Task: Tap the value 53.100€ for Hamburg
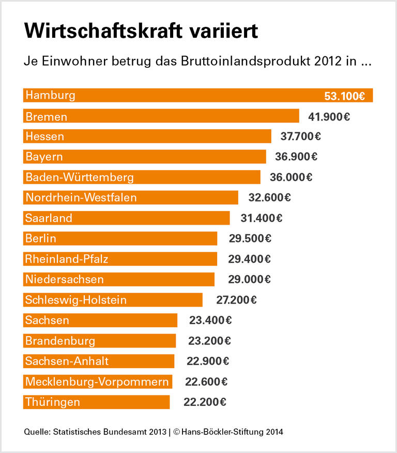tap(344, 96)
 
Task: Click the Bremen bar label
tap(47, 116)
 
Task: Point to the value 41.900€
tap(329, 116)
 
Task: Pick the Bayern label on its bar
tap(44, 157)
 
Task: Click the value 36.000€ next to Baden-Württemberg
tap(291, 177)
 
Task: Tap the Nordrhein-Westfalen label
tap(81, 198)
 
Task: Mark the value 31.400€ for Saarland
tap(261, 218)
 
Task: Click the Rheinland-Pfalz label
tap(67, 259)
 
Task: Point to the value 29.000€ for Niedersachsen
tap(249, 279)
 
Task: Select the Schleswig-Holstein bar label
tap(76, 300)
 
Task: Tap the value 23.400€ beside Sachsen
tap(210, 320)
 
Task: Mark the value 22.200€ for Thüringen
tap(205, 402)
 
